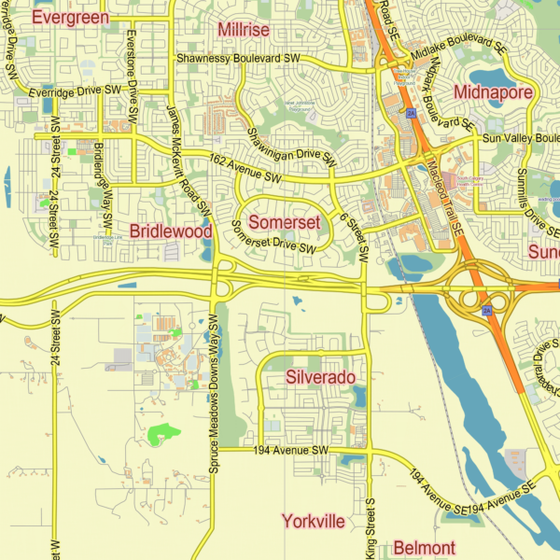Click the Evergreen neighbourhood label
70,17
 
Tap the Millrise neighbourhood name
243,30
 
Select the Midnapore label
493,91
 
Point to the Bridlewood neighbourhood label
171,231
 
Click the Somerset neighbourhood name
285,222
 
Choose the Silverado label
320,377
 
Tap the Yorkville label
313,521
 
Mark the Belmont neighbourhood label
424,547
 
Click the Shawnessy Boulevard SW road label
238,58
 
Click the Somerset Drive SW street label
273,237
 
